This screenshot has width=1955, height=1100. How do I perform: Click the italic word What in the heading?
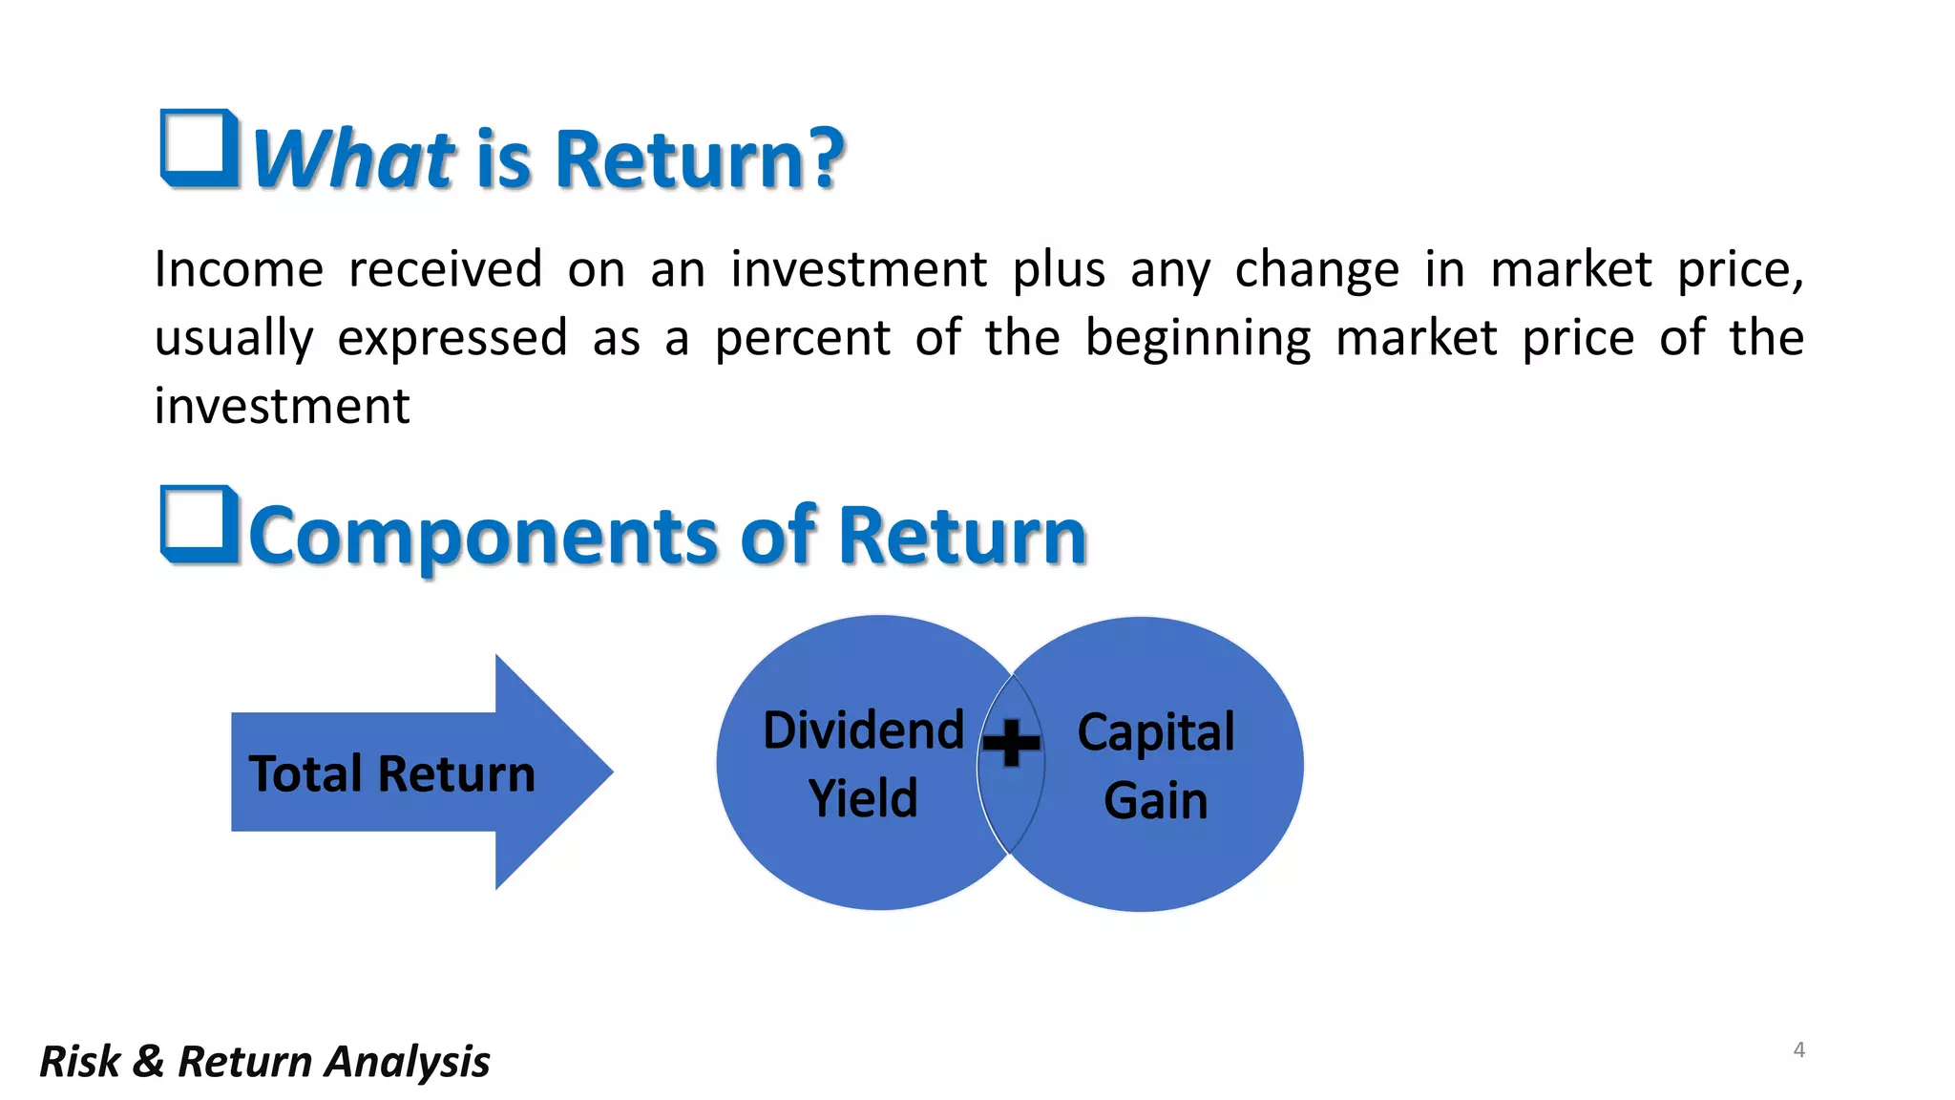[x=353, y=159]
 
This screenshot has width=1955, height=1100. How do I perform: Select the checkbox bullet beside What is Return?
[x=200, y=148]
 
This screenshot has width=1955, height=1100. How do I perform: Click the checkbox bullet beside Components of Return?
[x=200, y=524]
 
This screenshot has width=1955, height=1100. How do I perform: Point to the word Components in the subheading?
[x=482, y=536]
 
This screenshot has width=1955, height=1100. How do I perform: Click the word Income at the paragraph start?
[x=239, y=269]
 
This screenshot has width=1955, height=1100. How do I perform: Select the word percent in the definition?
[x=802, y=338]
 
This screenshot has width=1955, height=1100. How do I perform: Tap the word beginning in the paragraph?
[x=1198, y=338]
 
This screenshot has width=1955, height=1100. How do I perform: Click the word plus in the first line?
[x=1059, y=269]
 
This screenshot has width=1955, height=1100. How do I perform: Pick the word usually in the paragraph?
[x=234, y=338]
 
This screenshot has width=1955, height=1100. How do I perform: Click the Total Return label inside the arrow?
[x=391, y=773]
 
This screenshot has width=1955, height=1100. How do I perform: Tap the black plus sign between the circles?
[x=1011, y=743]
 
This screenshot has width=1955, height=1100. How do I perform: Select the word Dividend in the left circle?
[x=863, y=730]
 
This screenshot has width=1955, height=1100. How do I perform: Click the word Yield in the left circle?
[x=863, y=798]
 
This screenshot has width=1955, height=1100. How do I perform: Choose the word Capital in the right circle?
[x=1155, y=732]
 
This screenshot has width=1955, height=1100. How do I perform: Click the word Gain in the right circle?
[x=1155, y=800]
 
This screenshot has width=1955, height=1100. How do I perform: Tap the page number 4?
[x=1798, y=1050]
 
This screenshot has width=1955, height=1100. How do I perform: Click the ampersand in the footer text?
[x=148, y=1062]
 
